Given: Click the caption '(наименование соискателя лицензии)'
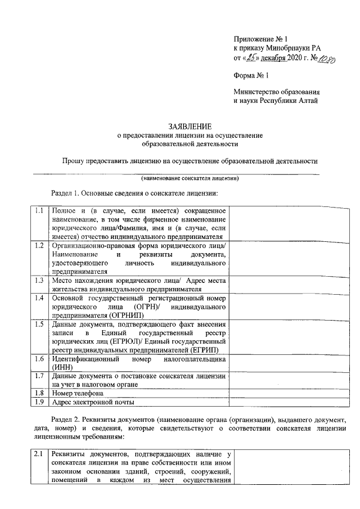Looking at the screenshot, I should (190, 178).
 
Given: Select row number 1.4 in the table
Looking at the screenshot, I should (39, 298).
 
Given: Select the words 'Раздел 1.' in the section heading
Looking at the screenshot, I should (65, 193).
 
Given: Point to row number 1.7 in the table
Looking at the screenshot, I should (39, 375).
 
